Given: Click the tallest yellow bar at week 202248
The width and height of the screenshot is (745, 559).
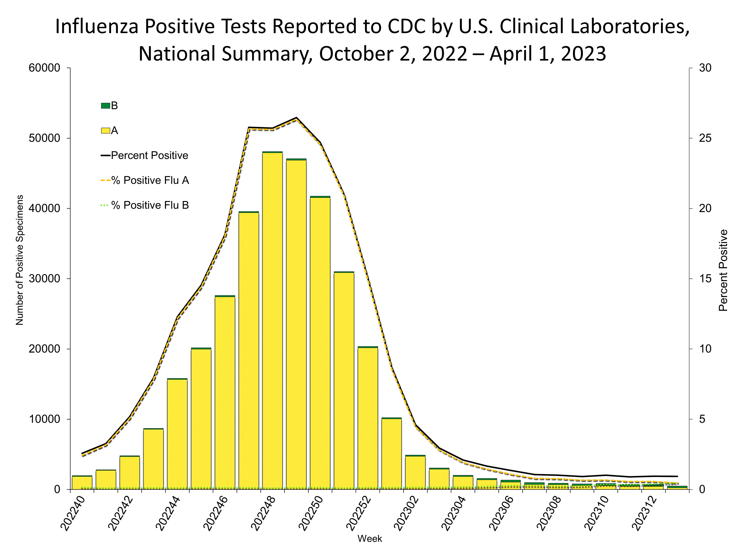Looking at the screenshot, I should (x=272, y=320).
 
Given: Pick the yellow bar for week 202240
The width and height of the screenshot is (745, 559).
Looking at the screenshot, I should (x=82, y=482).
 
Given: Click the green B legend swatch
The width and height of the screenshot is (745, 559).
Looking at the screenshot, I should (x=106, y=106).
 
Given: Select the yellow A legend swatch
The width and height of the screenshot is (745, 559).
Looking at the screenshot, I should (x=106, y=131).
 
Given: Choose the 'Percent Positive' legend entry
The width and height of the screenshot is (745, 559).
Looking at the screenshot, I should (x=149, y=155).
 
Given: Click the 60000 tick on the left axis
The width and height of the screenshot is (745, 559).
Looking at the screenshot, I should (x=44, y=68).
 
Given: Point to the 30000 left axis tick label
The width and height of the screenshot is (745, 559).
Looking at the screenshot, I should (x=44, y=279).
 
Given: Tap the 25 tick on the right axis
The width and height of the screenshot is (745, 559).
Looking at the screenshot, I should (x=705, y=138).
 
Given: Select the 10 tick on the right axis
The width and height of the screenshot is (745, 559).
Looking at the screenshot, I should (x=705, y=349).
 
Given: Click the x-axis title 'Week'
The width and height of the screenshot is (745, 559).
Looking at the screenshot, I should (x=369, y=539).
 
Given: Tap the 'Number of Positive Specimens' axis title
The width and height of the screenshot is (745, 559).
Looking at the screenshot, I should (x=20, y=260).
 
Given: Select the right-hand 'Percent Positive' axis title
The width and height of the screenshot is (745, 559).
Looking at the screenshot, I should (x=723, y=270).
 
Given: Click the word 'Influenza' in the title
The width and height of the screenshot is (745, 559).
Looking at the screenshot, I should (x=97, y=26).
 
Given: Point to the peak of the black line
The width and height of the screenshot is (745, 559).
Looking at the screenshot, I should (x=296, y=117).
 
